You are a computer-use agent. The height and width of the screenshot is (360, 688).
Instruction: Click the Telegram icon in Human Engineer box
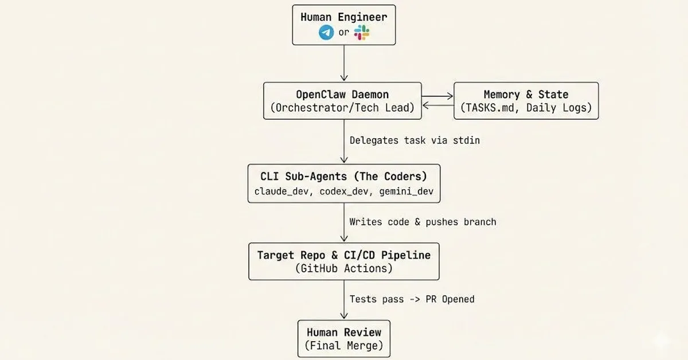326,33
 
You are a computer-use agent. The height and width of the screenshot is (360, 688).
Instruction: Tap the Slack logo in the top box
362,33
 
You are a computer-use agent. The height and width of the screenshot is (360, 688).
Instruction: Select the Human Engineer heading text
343,17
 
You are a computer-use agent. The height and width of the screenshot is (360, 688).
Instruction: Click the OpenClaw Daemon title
342,95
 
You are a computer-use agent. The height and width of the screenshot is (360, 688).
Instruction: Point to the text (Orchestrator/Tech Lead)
342,108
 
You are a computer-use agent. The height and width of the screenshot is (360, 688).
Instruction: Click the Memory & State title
526,95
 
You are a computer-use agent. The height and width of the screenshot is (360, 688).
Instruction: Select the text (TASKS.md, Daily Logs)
526,108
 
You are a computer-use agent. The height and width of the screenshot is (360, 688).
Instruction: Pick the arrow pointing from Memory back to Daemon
437,105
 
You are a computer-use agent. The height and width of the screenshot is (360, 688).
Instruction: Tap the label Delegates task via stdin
415,140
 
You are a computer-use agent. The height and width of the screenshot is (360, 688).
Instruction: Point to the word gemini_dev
406,191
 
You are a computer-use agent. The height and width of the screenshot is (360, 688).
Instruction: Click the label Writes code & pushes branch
423,222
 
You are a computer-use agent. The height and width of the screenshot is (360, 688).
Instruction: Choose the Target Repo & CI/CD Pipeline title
343,255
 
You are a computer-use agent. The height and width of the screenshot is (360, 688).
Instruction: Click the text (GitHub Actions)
343,268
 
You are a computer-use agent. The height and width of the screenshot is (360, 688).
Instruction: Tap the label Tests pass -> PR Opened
412,299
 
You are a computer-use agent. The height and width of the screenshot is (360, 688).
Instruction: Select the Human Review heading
343,332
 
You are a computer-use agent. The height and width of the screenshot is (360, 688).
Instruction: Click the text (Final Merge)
343,346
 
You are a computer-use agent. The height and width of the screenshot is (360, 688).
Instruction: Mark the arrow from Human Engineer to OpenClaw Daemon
344,63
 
